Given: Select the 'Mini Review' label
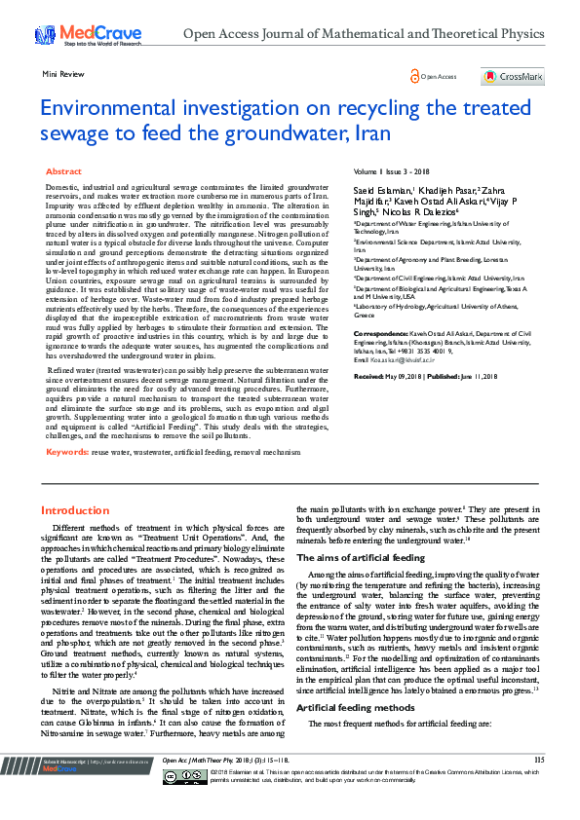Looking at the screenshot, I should tap(61, 73).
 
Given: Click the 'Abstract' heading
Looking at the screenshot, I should tap(64, 171).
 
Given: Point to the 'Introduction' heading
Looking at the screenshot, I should tap(75, 510).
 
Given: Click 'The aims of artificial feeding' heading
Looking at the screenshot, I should tap(360, 558).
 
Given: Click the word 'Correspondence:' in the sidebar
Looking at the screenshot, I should tap(380, 333).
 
